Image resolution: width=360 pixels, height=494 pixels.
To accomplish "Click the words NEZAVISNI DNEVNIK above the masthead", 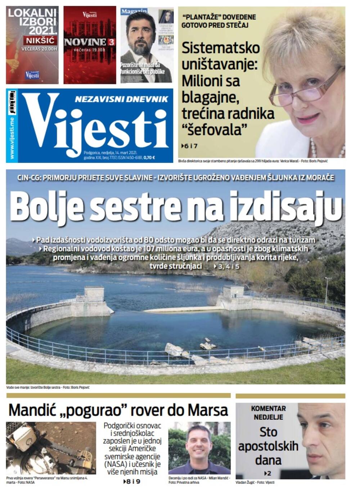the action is click(121, 99).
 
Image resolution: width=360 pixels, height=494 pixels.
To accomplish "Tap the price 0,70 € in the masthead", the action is click(149, 158).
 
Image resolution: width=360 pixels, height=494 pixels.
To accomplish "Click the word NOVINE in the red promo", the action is click(85, 42).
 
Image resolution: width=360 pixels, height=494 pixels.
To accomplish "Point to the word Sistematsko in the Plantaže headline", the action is click(220, 48).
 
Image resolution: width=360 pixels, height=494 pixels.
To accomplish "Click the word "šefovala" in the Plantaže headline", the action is click(215, 130).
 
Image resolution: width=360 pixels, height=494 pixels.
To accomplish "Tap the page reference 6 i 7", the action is click(190, 146).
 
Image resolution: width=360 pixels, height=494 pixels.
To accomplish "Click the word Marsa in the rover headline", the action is click(208, 410).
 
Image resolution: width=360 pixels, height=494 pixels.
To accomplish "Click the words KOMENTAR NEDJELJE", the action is click(268, 413).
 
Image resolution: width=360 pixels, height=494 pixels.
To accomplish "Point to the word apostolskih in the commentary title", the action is click(268, 446).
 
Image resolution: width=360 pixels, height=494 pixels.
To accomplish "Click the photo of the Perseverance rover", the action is click(51, 448).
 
